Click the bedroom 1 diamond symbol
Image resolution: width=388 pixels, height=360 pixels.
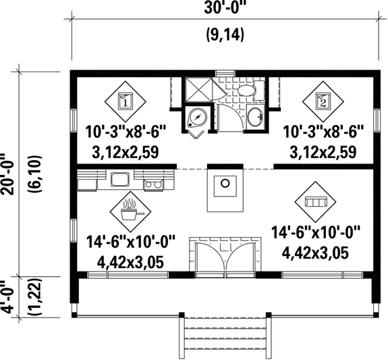tap(126, 101)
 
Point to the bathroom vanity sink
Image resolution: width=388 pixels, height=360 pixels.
tap(257, 116)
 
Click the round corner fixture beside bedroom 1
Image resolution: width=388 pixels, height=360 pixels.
tap(197, 118)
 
